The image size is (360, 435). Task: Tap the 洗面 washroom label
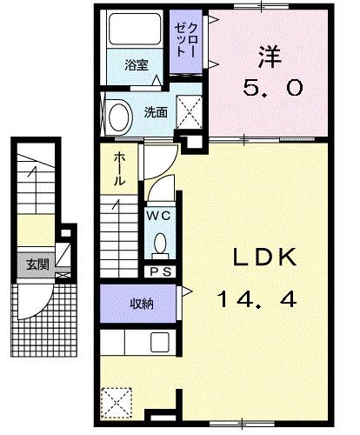(x=156, y=112)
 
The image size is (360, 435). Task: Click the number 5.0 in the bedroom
(x=270, y=87)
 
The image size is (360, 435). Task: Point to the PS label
(x=159, y=271)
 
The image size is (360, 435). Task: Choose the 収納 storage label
(x=143, y=304)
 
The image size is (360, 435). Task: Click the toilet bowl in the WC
(x=159, y=244)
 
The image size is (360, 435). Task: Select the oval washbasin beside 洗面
(x=117, y=117)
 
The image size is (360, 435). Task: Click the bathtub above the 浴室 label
(x=131, y=33)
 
